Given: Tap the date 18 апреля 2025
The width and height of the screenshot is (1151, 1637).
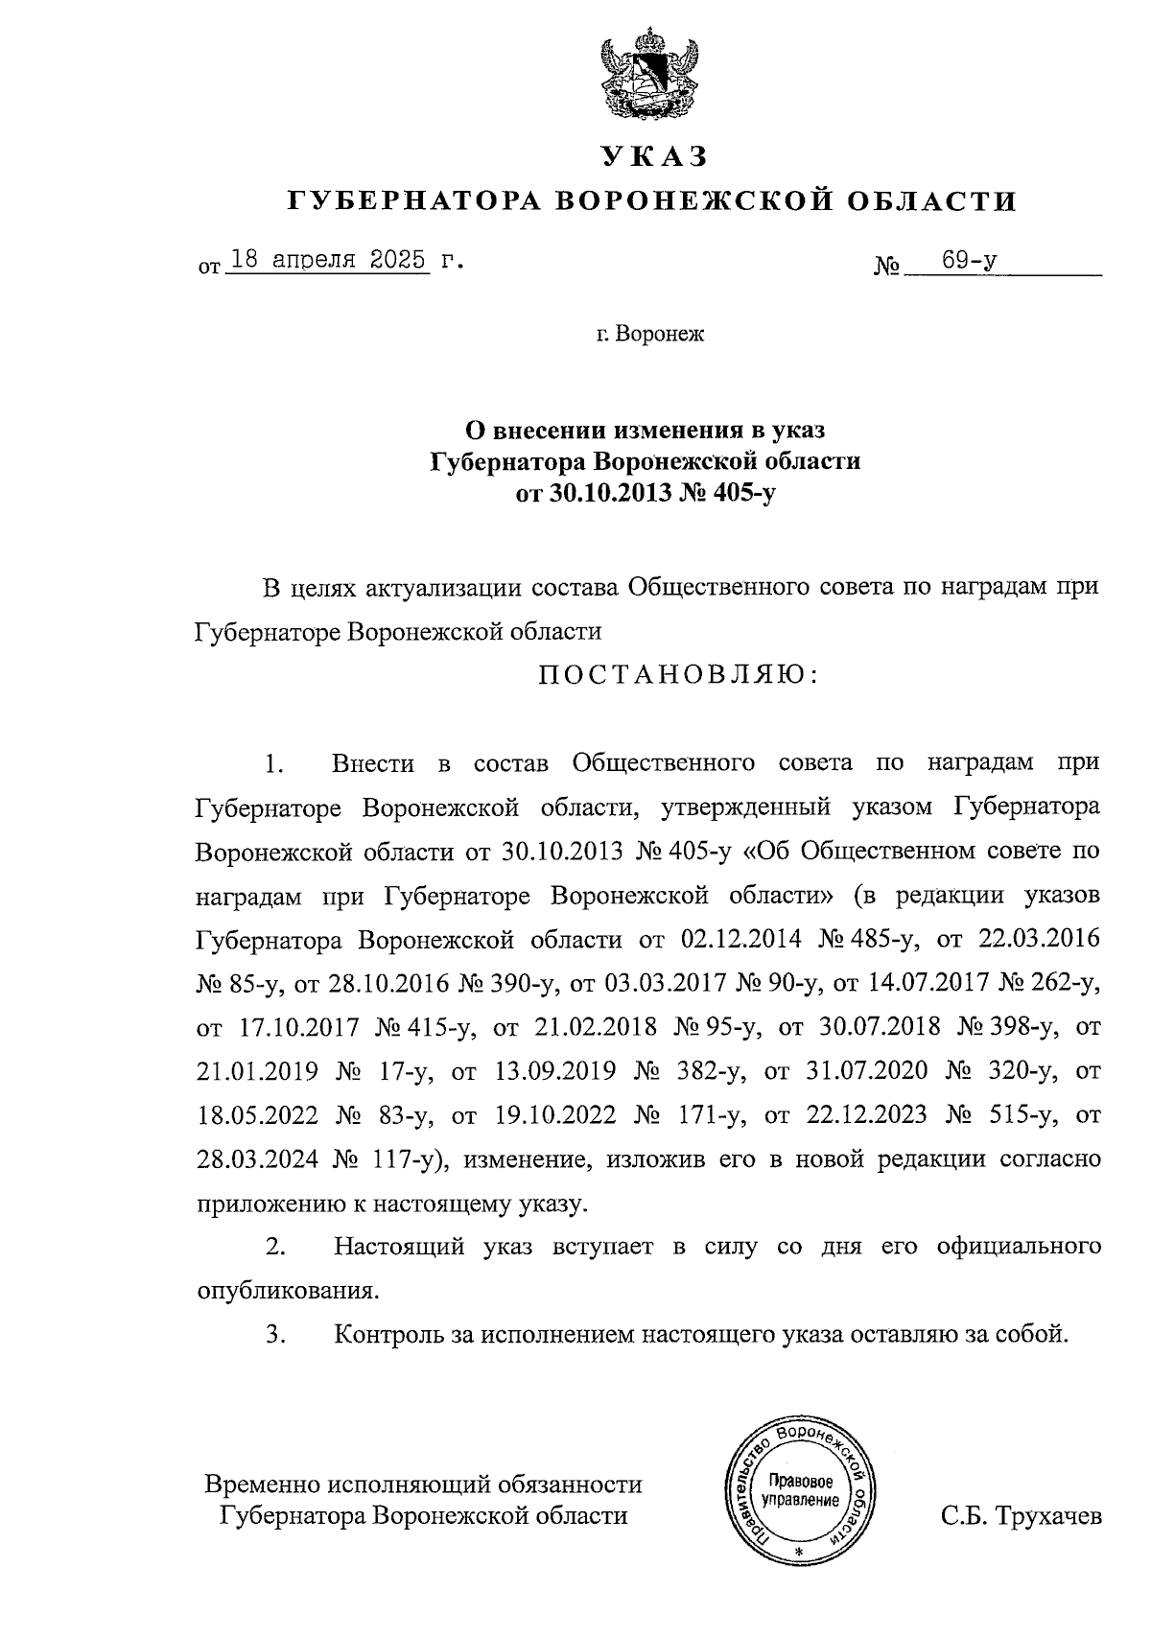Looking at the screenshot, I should click(x=327, y=260).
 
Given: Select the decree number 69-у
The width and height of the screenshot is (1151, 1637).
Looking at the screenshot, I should click(x=968, y=260).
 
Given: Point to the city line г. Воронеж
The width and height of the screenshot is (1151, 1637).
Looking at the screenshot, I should click(x=649, y=336).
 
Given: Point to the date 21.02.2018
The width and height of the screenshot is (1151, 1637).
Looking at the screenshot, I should click(x=597, y=1027).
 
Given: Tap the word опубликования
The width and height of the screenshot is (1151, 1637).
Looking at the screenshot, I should click(x=287, y=1291).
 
